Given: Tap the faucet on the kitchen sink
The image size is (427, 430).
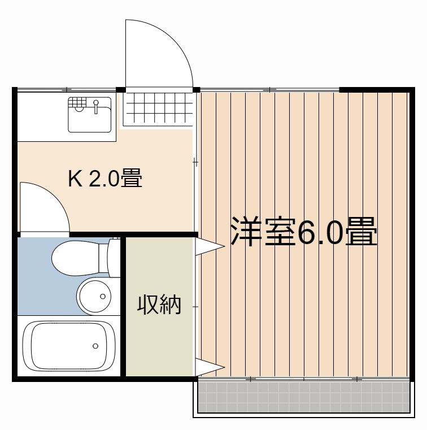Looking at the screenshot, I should [97, 106].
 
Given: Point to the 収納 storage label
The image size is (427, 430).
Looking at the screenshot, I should [159, 305].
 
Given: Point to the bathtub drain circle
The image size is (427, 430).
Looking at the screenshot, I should [95, 345].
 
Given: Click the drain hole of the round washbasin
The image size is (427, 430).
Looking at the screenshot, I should [102, 296].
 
